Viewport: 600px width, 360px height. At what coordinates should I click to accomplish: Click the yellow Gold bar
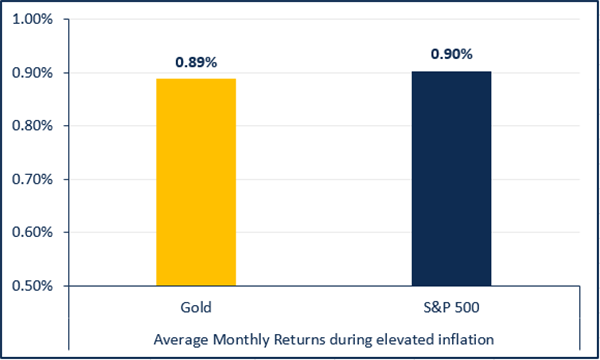click(196, 182)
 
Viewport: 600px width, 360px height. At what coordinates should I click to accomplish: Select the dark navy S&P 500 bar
click(451, 178)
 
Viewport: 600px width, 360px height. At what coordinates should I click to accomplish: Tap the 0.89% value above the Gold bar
click(196, 61)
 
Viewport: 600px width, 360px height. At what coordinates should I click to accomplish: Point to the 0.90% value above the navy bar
click(451, 53)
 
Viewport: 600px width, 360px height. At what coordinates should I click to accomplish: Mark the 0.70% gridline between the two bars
click(323, 179)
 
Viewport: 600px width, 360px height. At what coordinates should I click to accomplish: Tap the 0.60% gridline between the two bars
click(323, 232)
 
